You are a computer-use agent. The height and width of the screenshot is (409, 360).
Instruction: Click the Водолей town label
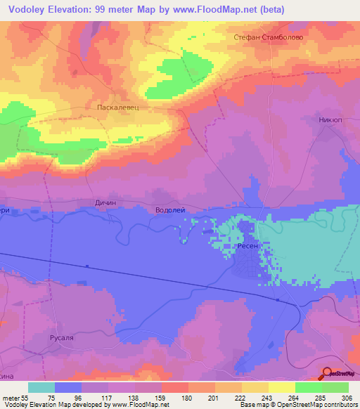169,209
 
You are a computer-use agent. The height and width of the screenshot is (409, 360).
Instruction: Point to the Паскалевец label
115,108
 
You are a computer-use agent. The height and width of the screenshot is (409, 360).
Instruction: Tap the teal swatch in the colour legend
41,387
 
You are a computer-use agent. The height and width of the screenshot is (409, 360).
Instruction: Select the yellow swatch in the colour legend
281,387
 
